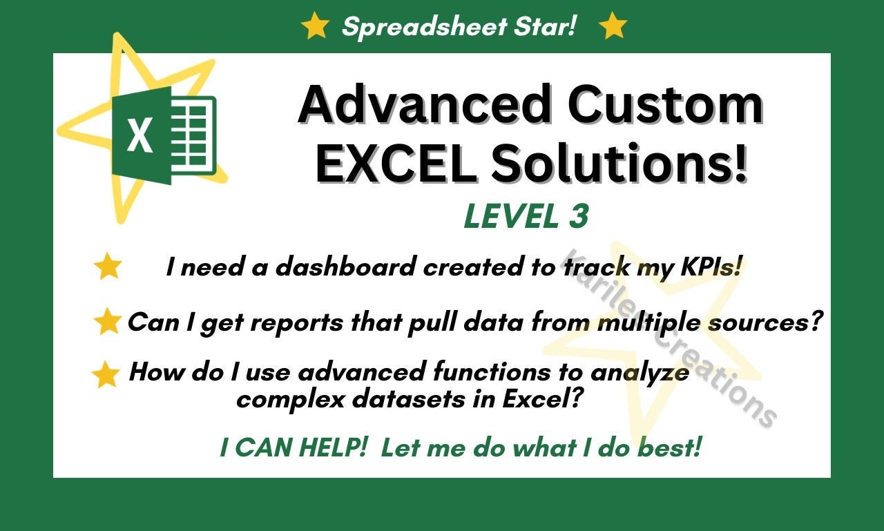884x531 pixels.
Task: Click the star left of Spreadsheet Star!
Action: (x=315, y=26)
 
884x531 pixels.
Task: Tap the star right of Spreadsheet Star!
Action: (x=612, y=26)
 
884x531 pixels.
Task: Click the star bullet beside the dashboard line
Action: (x=108, y=267)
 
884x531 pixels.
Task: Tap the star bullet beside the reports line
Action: (x=108, y=322)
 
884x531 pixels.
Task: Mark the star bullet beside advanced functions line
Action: (x=106, y=374)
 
